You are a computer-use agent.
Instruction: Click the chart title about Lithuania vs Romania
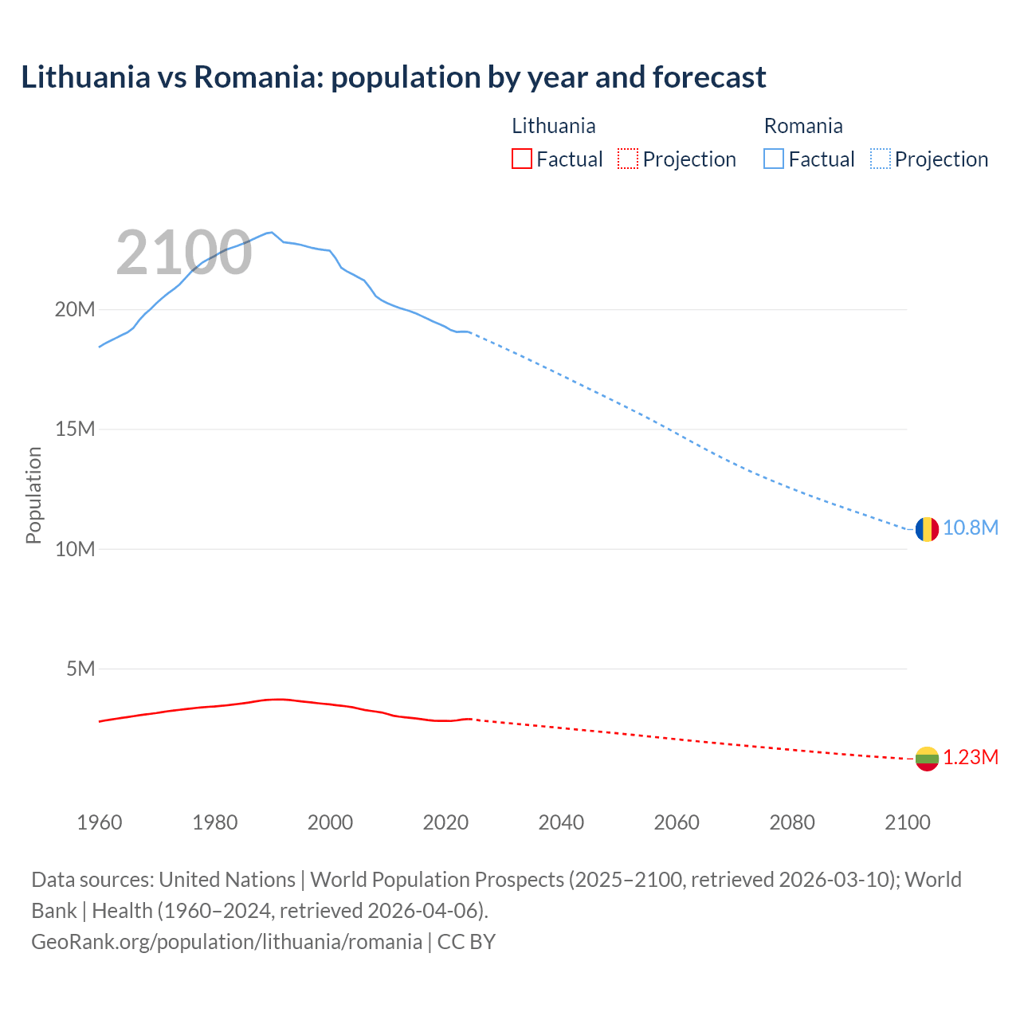393,77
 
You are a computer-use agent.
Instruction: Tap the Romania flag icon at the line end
927,529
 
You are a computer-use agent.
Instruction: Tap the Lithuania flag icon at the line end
927,759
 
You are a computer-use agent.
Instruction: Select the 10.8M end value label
971,528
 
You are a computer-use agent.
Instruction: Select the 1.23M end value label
971,758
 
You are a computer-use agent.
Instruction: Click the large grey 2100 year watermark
184,253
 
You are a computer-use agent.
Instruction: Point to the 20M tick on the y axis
75,309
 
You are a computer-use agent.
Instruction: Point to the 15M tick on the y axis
75,430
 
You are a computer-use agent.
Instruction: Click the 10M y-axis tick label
75,549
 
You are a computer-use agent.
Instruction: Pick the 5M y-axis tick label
80,669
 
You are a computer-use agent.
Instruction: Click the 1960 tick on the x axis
100,822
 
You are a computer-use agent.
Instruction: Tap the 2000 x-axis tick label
330,822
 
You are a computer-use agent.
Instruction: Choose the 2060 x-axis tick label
677,822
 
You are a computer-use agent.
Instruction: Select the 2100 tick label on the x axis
907,822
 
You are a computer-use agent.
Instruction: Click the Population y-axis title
33,495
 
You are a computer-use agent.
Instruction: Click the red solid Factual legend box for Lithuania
522,159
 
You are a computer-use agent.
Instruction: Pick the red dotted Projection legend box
628,159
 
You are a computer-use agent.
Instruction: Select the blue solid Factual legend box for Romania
774,159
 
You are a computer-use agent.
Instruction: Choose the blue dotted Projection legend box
881,159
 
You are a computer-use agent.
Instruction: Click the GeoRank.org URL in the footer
226,942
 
